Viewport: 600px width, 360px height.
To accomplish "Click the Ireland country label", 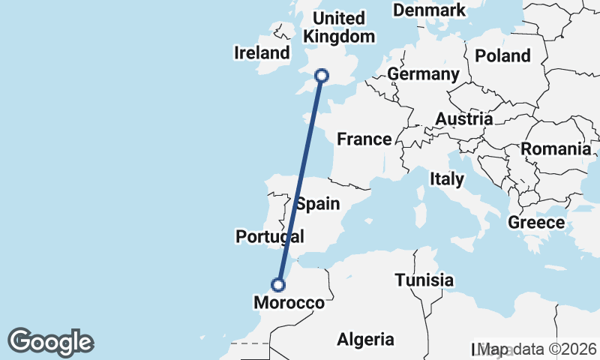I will pos(262,53).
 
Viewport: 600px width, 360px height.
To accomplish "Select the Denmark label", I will pos(429,10).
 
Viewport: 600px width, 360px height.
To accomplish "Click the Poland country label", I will pos(502,55).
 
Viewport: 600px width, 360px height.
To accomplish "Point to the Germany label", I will pos(423,74).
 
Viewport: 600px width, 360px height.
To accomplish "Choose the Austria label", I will pos(464,118).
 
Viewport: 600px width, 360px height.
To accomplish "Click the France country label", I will pos(364,139).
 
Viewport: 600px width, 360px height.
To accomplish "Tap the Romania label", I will pos(556,148).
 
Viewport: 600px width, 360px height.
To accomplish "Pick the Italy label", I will pos(447,179).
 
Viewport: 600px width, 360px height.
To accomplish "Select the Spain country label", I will pos(317,204).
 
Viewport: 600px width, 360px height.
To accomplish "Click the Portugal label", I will pos(269,237).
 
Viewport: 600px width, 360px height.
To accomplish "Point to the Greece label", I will pos(536,223).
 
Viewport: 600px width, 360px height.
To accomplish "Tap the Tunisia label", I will pos(424,280).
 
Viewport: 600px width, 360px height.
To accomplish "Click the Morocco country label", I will pos(289,303).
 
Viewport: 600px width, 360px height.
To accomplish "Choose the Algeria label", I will pos(365,339).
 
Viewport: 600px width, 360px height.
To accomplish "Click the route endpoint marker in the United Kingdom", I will pos(322,75).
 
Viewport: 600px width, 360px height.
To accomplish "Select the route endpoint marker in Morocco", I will pos(278,285).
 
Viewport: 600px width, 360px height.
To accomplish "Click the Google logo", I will pos(51,342).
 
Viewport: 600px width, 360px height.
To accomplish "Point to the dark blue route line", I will pos(300,180).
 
